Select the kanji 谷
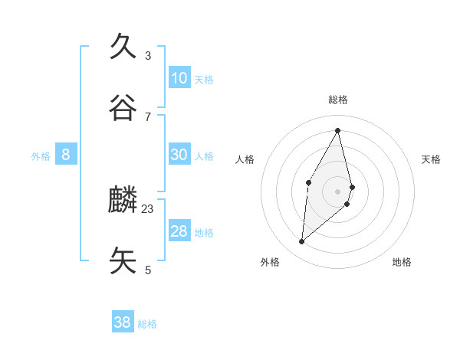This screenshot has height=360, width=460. pyautogui.click(x=123, y=108)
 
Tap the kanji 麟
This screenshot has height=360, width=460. pyautogui.click(x=123, y=201)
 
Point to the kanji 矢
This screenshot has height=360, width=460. pyautogui.click(x=123, y=260)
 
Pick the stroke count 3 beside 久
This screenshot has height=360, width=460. pyautogui.click(x=147, y=55)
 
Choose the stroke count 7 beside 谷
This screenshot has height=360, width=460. pyautogui.click(x=147, y=116)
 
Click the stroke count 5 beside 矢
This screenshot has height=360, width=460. pyautogui.click(x=147, y=270)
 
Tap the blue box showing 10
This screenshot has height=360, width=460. pyautogui.click(x=179, y=78)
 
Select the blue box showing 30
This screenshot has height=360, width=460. pyautogui.click(x=179, y=155)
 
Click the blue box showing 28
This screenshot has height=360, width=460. pyautogui.click(x=179, y=231)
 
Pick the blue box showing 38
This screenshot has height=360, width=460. pyautogui.click(x=122, y=322)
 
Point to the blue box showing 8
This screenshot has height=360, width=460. pyautogui.click(x=65, y=155)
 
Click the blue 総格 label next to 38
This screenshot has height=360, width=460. pyautogui.click(x=147, y=324)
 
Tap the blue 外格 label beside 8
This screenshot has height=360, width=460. pyautogui.click(x=41, y=156)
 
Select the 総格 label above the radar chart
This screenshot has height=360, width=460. pyautogui.click(x=338, y=100)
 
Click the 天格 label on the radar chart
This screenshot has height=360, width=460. pyautogui.click(x=431, y=159)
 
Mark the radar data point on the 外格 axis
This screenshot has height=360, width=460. pyautogui.click(x=302, y=242)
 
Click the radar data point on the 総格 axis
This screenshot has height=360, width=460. pyautogui.click(x=337, y=130)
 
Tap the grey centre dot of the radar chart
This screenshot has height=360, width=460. pyautogui.click(x=337, y=191)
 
